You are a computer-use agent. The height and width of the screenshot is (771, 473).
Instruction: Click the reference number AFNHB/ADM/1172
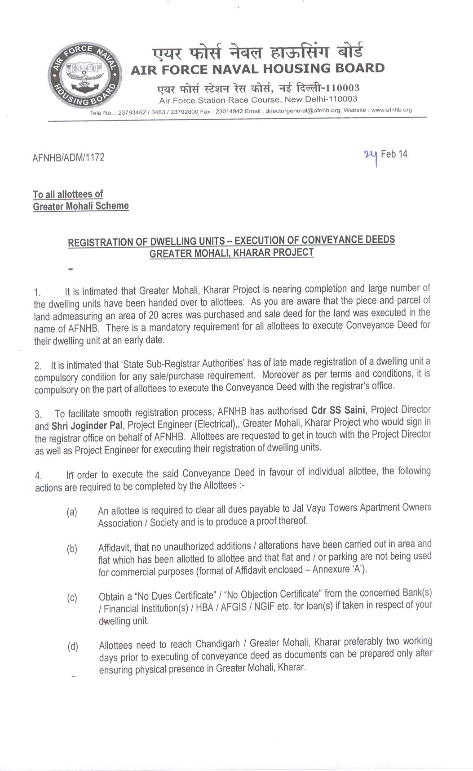69,157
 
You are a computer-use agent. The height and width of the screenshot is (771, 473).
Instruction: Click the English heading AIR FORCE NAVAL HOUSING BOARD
257,69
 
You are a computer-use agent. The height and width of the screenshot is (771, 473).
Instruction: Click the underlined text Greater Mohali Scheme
81,206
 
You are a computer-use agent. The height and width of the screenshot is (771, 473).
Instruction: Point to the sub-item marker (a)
72,512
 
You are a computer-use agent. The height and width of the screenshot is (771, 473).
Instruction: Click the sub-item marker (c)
72,598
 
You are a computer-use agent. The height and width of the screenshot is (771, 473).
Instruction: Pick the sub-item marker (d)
72,647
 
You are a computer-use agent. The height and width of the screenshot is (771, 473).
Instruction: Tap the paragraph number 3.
38,414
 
